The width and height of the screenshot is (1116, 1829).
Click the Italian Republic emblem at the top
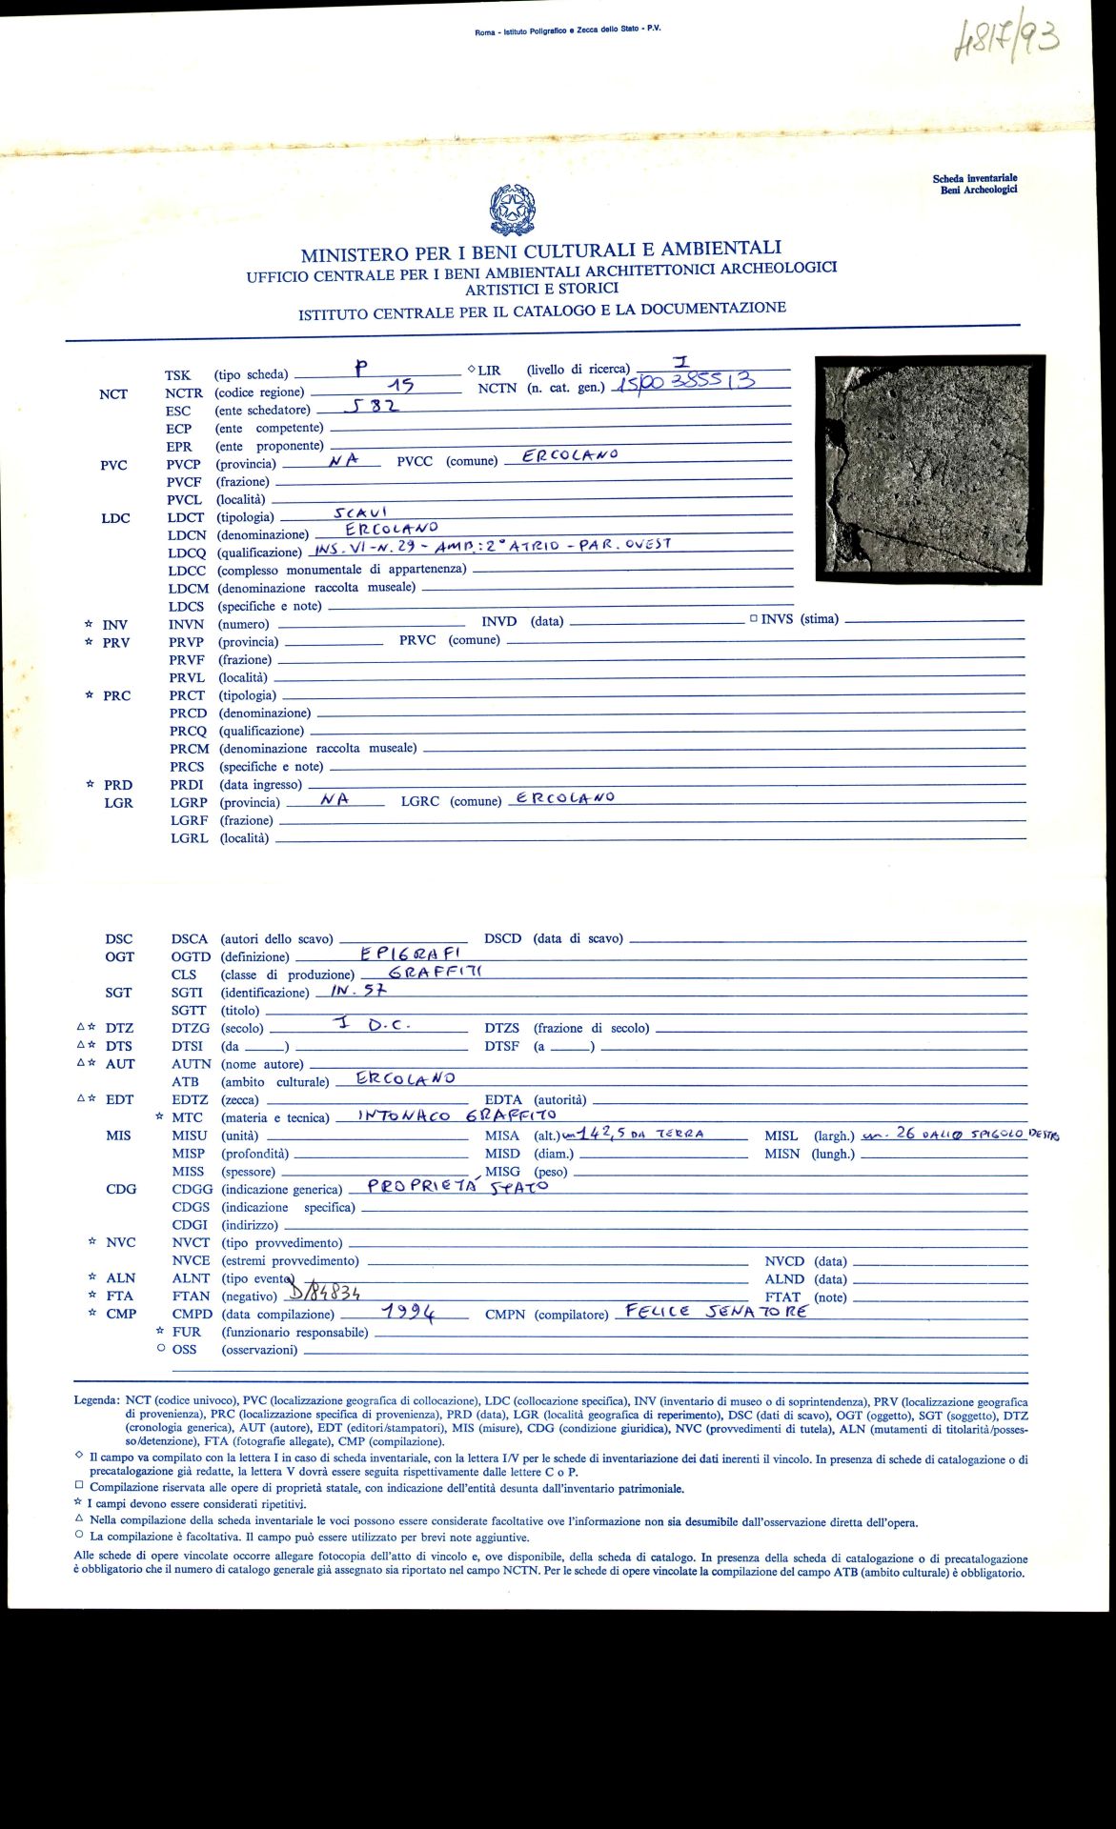pyautogui.click(x=512, y=211)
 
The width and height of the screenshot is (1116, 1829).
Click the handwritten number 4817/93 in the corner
pyautogui.click(x=1006, y=40)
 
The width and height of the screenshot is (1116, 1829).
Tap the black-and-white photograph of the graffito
pyautogui.click(x=930, y=469)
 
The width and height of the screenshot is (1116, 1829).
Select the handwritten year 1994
pyautogui.click(x=409, y=1313)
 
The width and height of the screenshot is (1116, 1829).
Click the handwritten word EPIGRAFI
pyautogui.click(x=412, y=953)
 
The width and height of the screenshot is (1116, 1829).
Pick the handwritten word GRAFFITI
pyautogui.click(x=437, y=971)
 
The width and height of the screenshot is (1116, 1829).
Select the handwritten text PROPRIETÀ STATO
pyautogui.click(x=458, y=1187)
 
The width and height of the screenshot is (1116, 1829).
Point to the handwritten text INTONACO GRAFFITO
pyautogui.click(x=457, y=1115)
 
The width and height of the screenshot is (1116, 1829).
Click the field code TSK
pyautogui.click(x=177, y=375)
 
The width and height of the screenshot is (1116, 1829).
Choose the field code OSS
pyautogui.click(x=184, y=1350)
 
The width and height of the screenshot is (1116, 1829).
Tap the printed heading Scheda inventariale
pyautogui.click(x=974, y=178)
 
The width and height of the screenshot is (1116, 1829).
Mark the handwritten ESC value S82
pyautogui.click(x=371, y=406)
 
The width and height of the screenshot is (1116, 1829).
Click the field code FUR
pyautogui.click(x=186, y=1332)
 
